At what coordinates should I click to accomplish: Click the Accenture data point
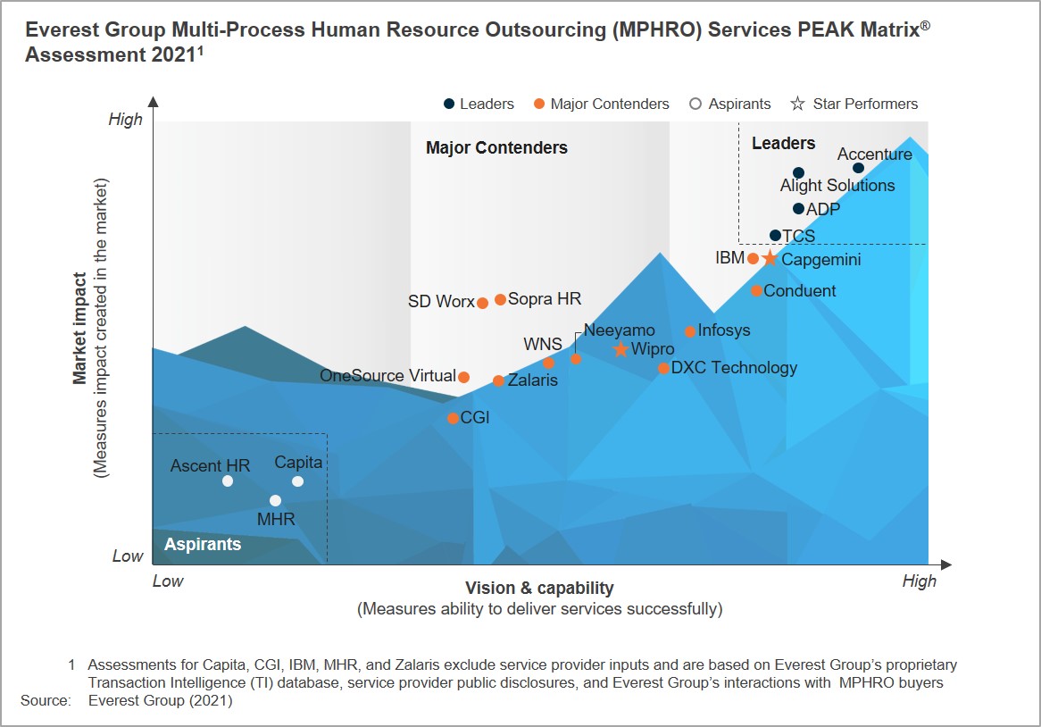pos(858,168)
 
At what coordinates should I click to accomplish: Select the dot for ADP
pos(798,209)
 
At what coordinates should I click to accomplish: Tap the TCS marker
pos(775,236)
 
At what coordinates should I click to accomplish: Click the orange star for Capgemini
pos(770,259)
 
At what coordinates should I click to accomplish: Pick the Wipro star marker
pos(621,349)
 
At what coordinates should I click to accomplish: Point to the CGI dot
pos(454,418)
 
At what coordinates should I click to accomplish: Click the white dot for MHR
pos(275,501)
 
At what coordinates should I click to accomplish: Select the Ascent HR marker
pos(228,481)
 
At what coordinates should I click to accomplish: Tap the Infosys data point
pos(690,332)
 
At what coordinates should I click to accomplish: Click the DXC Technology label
pos(734,368)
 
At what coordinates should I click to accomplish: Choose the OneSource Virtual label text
pos(387,376)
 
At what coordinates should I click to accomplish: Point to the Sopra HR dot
pos(501,299)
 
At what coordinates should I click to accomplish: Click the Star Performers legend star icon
pos(797,104)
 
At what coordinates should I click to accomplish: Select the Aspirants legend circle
pos(695,104)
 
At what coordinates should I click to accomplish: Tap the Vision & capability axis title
pos(539,588)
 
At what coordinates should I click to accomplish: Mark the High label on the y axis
pos(125,120)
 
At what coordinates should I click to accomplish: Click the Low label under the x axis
pos(168,581)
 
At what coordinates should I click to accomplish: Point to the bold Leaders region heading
pos(783,144)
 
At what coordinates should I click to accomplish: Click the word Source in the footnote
pos(45,701)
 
